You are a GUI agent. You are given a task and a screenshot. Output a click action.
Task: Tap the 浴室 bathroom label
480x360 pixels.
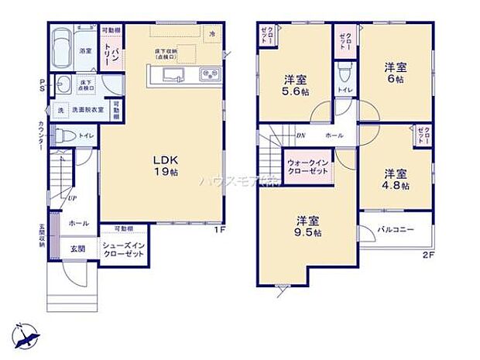pyautogui.click(x=85, y=50)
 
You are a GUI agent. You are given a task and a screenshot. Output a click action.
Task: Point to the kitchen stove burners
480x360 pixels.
pyautogui.click(x=210, y=74)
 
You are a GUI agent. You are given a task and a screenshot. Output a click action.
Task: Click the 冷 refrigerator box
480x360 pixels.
pyautogui.click(x=212, y=33)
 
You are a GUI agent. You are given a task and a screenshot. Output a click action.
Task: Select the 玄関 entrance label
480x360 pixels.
pyautogui.click(x=78, y=249)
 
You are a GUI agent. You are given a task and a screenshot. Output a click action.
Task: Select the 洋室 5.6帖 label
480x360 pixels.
pyautogui.click(x=294, y=84)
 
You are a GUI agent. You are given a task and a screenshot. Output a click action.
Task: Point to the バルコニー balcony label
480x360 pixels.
pyautogui.click(x=396, y=230)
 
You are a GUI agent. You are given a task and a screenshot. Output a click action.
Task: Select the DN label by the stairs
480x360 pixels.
pyautogui.click(x=300, y=135)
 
